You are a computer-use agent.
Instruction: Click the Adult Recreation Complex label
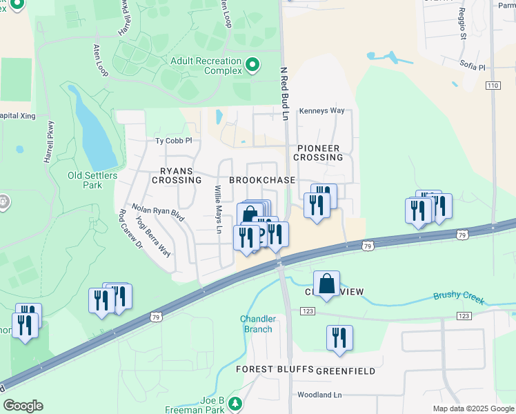[206, 66]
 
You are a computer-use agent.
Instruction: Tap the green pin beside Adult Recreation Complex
[252, 66]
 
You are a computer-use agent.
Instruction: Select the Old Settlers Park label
[93, 180]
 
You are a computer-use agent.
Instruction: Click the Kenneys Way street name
[321, 110]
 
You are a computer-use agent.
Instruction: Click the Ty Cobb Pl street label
[172, 140]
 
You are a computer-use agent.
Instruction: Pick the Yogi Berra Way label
[153, 236]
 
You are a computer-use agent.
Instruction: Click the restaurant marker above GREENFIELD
[339, 337]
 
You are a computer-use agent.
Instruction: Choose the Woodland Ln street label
[319, 395]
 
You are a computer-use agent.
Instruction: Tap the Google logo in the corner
[23, 406]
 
